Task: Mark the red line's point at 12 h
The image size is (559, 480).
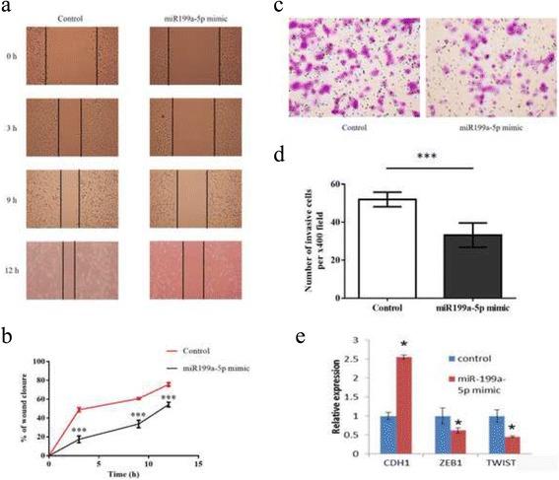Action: [169, 384]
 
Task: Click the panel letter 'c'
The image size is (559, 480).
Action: [293, 7]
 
